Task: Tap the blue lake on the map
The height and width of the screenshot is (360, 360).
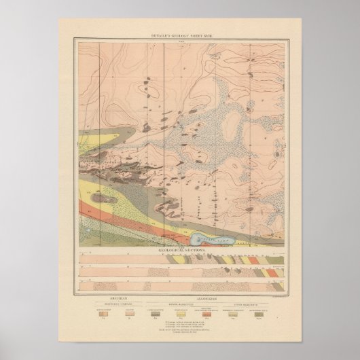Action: [211, 239]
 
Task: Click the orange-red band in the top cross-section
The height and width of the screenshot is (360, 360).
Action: [253, 259]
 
